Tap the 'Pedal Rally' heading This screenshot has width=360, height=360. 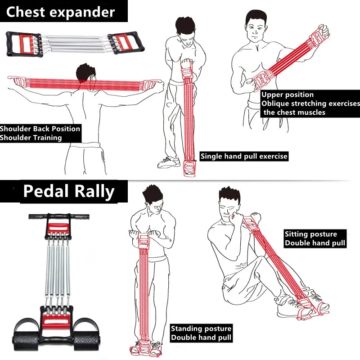coord(69,191)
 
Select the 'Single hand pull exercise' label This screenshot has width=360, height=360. coord(243,157)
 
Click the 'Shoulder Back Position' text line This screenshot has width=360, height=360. coord(40,129)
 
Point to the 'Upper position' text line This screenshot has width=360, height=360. coord(287,95)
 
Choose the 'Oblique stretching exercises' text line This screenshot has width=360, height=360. coord(310,103)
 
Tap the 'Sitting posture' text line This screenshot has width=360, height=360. coord(310,234)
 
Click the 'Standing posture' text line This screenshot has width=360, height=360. coord(201,329)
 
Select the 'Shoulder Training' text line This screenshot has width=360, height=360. coord(31,138)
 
